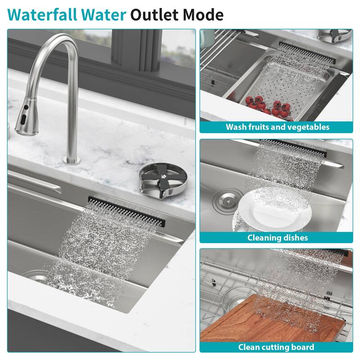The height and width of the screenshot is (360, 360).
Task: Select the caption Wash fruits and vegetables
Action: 277,127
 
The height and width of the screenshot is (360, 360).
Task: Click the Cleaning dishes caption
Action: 277,237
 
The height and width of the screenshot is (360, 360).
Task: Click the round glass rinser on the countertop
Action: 158,179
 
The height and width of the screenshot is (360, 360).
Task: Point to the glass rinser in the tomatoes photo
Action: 334,34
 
